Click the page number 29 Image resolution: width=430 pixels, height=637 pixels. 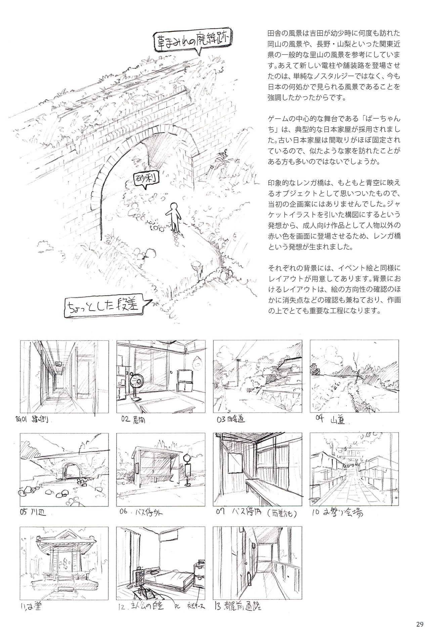tap(419, 625)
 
